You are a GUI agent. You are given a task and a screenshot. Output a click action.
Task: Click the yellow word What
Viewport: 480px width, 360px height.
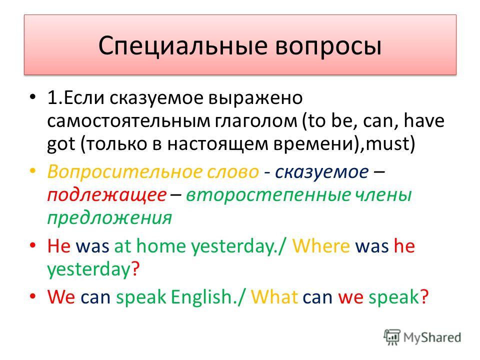(x=274, y=296)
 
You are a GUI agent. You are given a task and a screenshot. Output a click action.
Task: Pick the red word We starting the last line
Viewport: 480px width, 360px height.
(x=61, y=296)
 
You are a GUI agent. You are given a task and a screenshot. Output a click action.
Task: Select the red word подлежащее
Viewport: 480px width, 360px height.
(x=107, y=195)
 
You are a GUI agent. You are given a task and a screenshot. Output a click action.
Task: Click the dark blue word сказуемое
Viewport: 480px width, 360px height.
(x=321, y=171)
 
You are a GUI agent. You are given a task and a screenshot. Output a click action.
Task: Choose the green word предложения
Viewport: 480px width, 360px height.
(x=109, y=218)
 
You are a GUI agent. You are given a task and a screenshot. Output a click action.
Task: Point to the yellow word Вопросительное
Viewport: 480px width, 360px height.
(x=153, y=171)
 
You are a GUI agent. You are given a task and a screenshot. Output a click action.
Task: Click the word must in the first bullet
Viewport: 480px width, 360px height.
(x=387, y=143)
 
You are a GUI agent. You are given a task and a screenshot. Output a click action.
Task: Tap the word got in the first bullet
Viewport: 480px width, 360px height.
(x=61, y=144)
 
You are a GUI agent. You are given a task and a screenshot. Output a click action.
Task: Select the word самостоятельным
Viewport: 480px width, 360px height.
(x=128, y=121)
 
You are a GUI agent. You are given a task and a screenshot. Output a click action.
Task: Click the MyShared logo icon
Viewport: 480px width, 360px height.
(x=392, y=337)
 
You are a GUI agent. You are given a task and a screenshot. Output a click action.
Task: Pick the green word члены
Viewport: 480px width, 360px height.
(x=383, y=195)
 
